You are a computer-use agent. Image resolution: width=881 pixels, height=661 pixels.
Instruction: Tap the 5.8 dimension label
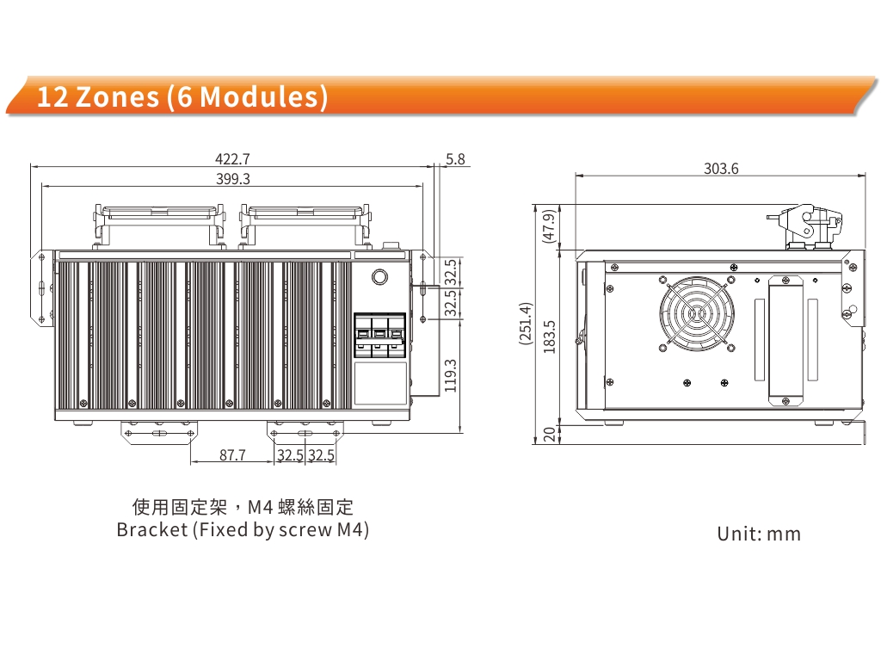tap(456, 159)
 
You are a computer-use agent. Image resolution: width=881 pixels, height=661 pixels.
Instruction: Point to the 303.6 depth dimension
tap(721, 169)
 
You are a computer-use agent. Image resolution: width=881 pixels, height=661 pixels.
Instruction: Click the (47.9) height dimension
tap(549, 227)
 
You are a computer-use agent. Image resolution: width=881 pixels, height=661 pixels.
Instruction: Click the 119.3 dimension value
tap(450, 374)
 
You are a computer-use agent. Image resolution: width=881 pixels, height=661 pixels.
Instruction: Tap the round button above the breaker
tap(379, 277)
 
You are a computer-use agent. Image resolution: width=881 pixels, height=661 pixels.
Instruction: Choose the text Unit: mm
tap(759, 534)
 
